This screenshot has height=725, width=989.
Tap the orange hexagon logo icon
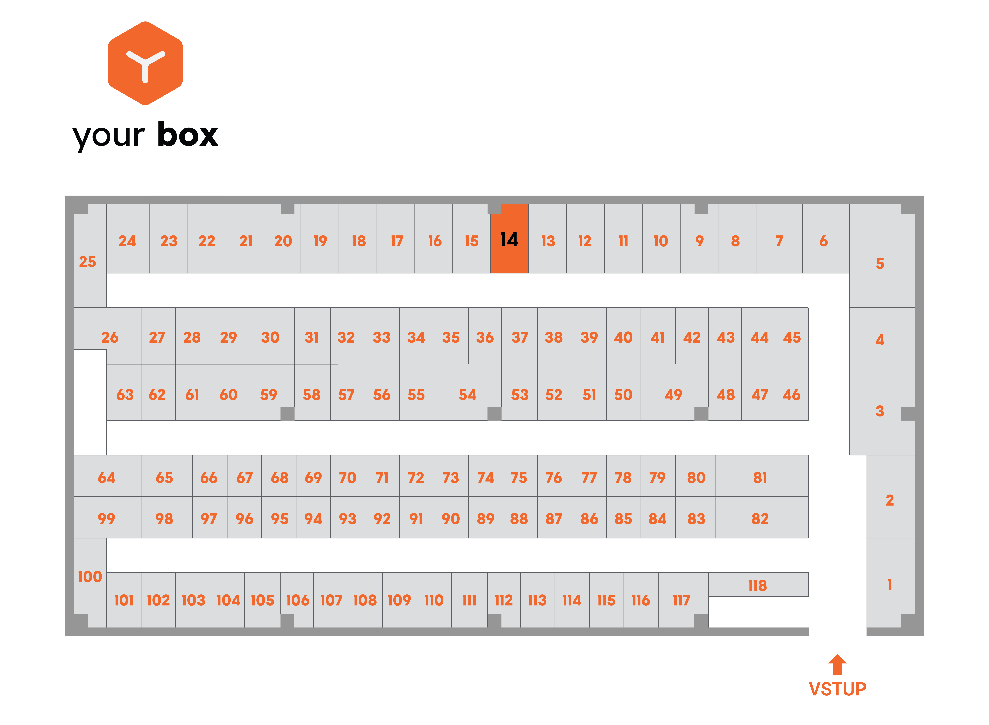(145, 63)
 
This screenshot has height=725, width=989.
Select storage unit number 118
(758, 585)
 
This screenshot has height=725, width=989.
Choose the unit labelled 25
(90, 256)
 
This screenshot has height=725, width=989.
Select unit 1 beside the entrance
(891, 583)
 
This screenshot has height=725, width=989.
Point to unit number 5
(882, 256)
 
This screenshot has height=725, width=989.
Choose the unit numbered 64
(107, 476)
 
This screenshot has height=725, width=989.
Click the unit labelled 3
(882, 410)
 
